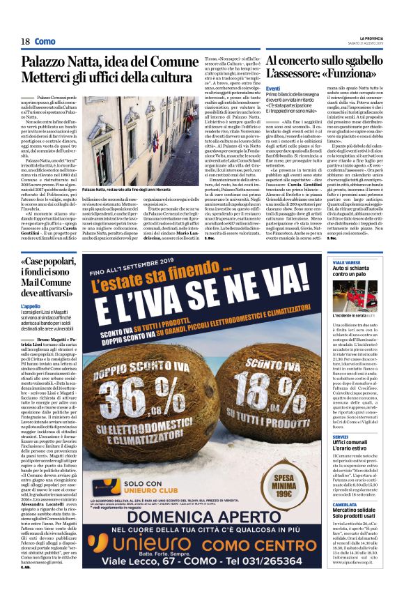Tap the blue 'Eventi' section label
273,88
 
